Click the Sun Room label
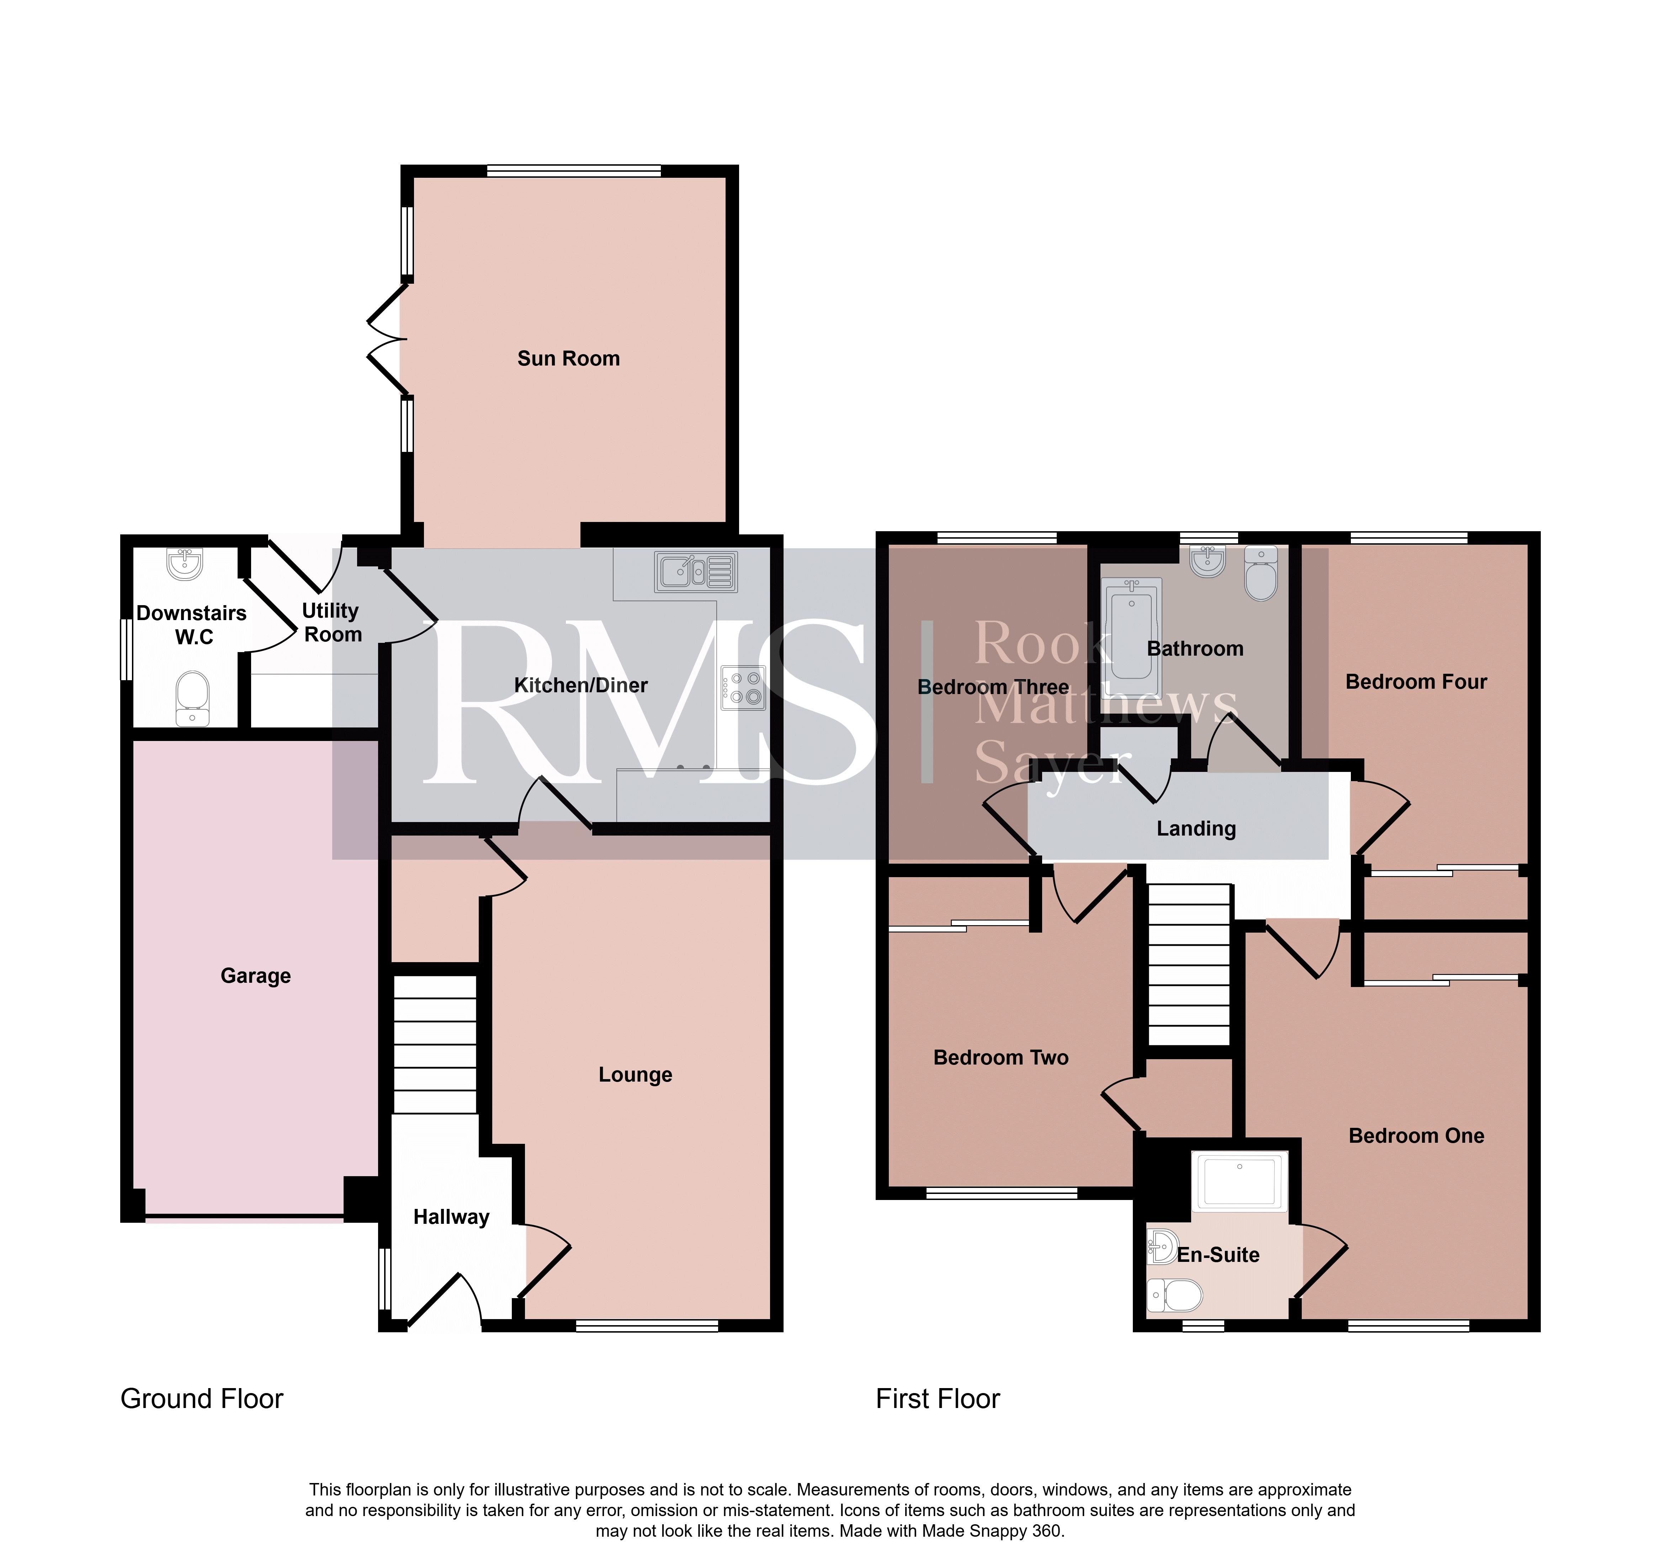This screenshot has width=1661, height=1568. click(568, 358)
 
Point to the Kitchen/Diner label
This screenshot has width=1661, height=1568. click(581, 686)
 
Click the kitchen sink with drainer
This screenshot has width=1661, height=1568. click(696, 572)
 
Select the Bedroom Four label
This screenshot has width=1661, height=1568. click(1416, 682)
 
